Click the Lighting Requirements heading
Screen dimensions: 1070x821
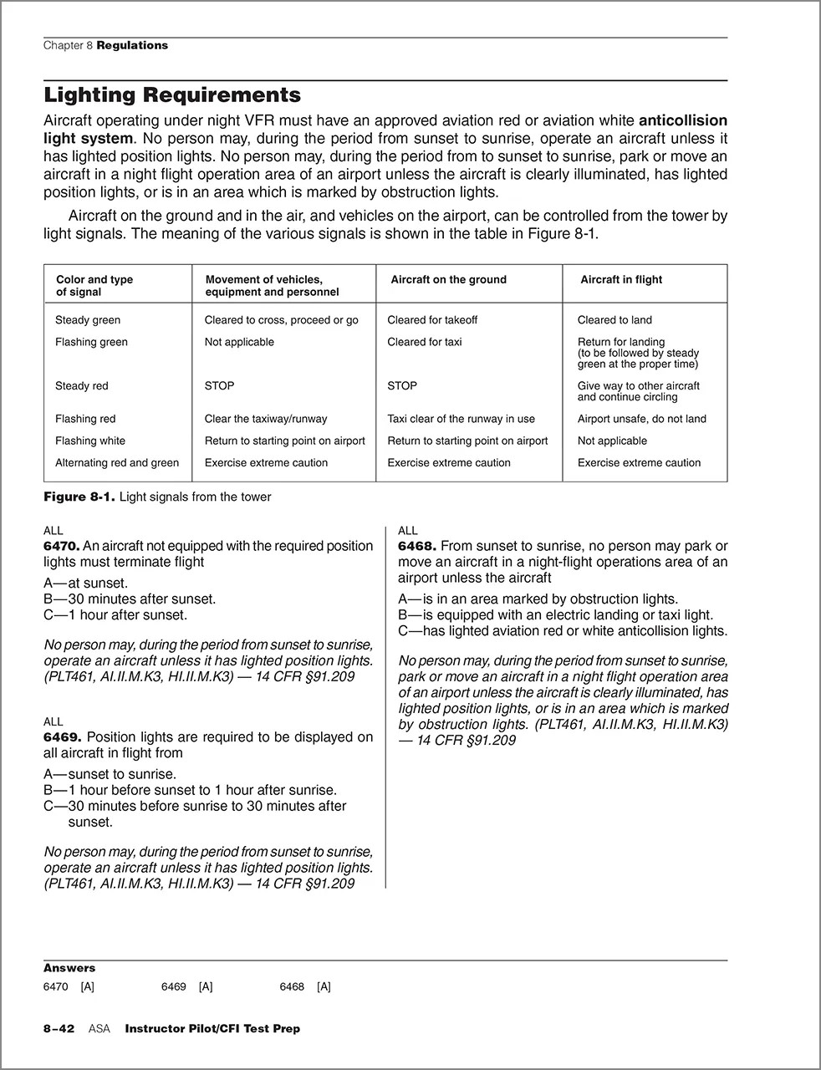coord(171,94)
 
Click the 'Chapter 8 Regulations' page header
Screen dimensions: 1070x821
coord(105,46)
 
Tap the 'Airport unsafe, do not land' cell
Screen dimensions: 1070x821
coord(641,419)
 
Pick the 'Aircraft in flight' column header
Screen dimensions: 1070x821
coord(620,280)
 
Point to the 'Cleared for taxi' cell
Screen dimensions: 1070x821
coord(424,342)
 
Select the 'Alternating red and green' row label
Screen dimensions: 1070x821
coord(117,462)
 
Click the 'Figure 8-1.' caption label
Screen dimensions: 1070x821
coord(79,497)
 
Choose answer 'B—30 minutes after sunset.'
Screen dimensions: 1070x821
coord(130,599)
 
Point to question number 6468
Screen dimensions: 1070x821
coord(416,546)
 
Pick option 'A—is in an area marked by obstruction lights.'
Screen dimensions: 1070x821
coord(538,599)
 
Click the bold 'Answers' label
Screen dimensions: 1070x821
coord(69,968)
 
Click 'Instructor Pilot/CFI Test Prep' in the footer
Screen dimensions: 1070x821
coord(212,1029)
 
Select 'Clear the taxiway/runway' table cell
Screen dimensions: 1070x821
coord(266,419)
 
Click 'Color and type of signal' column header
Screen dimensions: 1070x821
coord(94,286)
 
